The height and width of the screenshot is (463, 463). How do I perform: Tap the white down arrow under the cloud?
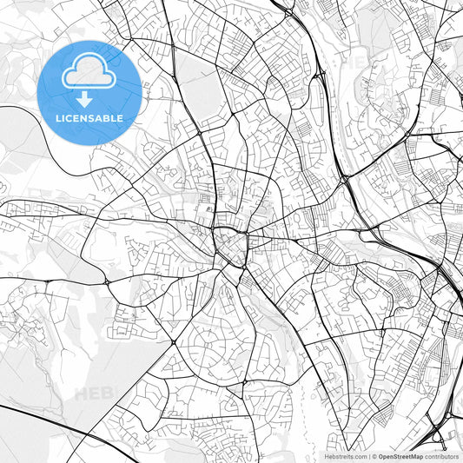click(84, 98)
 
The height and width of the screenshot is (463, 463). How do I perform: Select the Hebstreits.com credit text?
click(346, 455)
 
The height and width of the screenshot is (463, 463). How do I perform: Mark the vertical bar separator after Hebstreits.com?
click(368, 455)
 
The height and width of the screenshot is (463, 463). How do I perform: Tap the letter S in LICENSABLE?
click(88, 118)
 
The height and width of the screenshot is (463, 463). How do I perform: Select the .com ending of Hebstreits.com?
click(358, 455)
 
